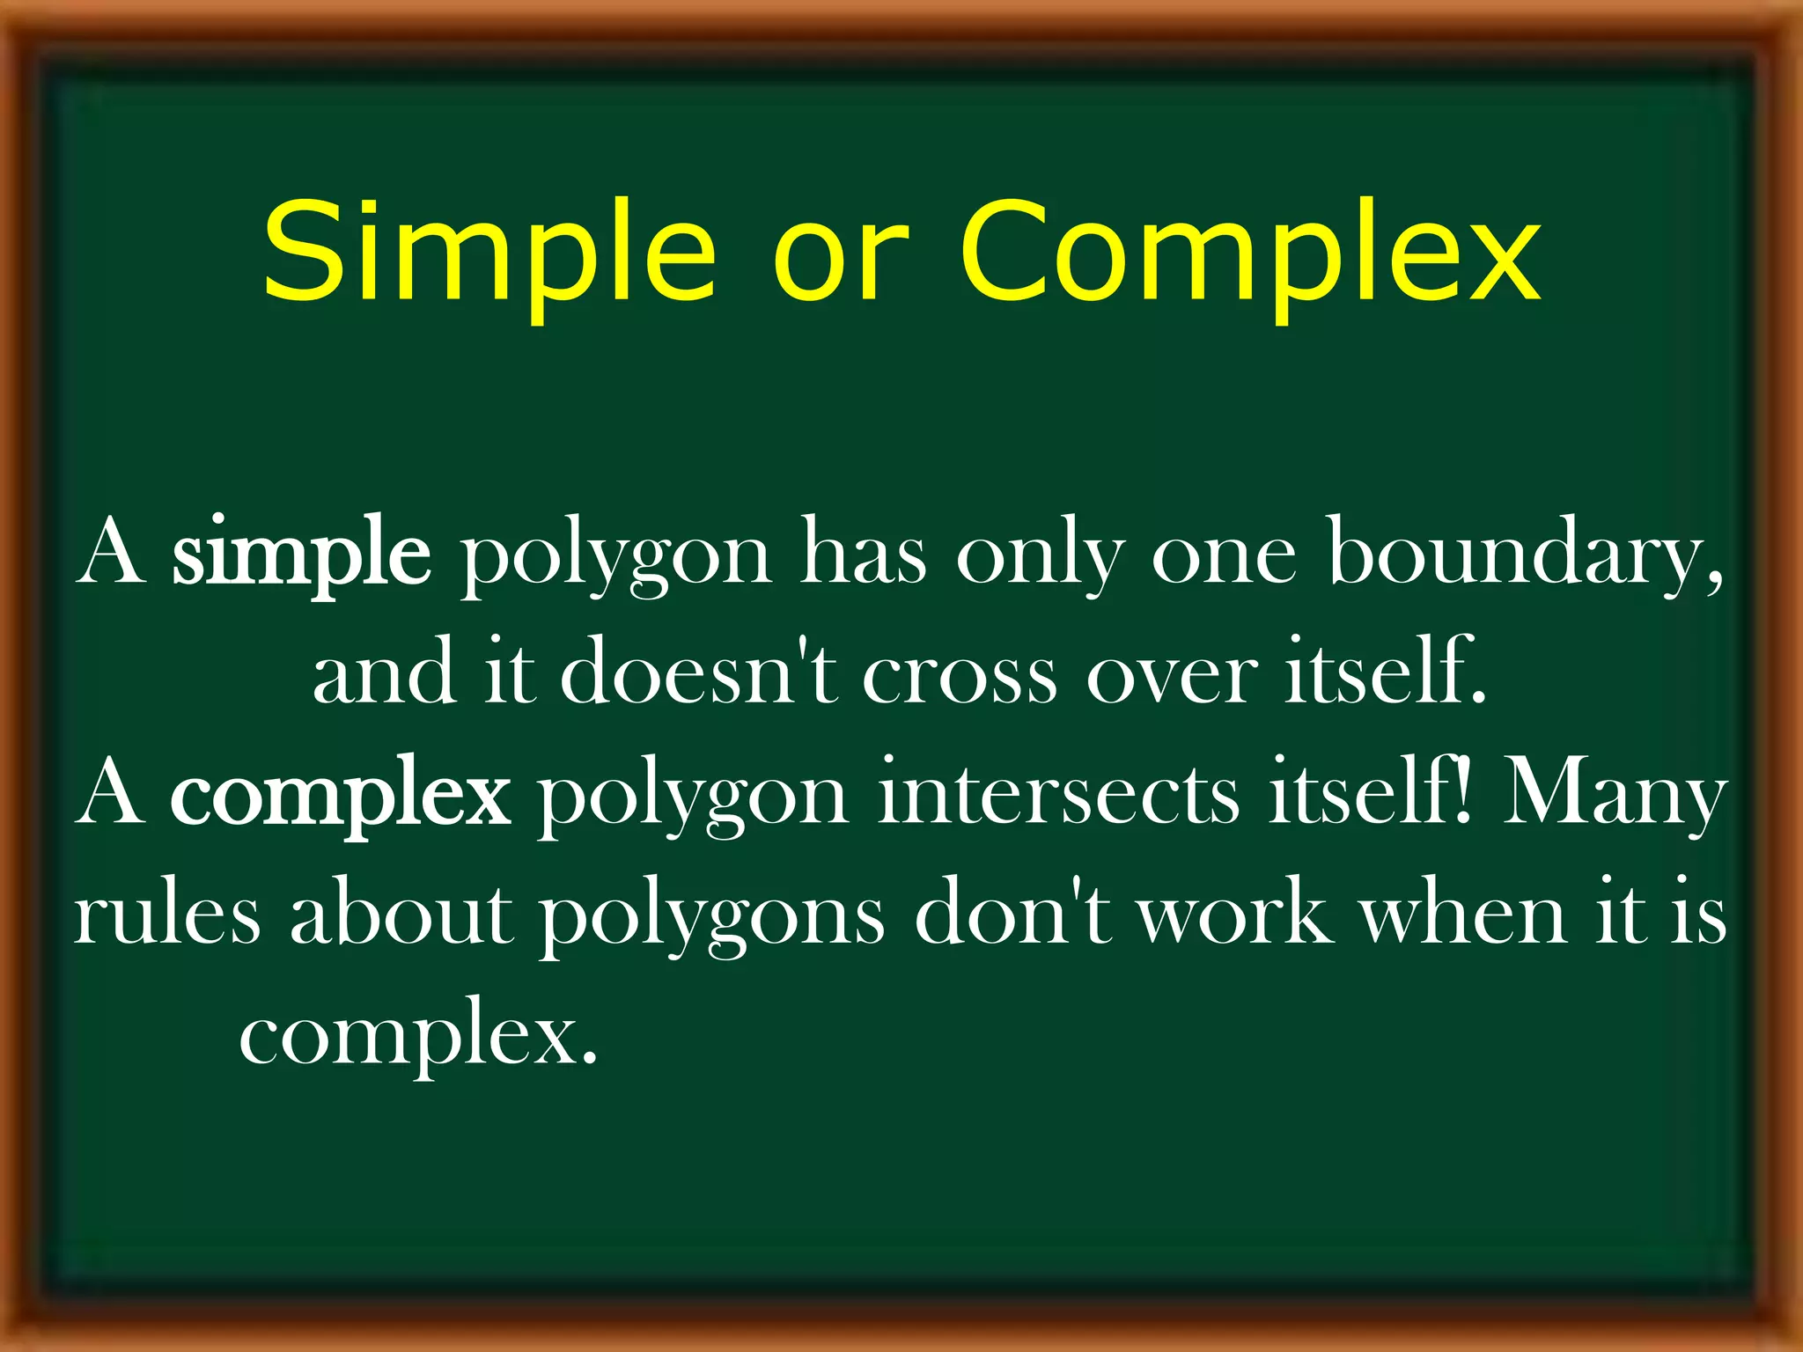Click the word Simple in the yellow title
click(489, 253)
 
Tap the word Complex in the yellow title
click(1250, 253)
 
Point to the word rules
click(167, 915)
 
